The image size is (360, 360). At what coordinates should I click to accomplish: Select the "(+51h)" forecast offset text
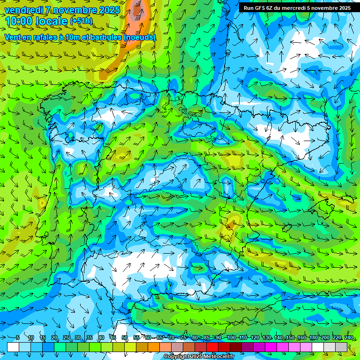click(x=82, y=21)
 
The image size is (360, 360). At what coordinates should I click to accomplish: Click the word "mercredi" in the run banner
click(x=292, y=7)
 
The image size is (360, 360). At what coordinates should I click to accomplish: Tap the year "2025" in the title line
click(x=108, y=10)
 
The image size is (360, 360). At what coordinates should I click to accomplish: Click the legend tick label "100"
click(x=232, y=337)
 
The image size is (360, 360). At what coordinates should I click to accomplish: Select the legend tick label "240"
click(x=349, y=337)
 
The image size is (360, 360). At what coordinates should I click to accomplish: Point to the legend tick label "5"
click(x=18, y=337)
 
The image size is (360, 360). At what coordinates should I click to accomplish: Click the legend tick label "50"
click(x=125, y=337)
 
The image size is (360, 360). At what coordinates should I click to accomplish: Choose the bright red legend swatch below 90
click(x=212, y=347)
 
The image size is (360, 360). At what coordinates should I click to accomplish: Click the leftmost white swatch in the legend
click(x=13, y=347)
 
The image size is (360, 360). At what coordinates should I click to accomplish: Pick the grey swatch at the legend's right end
click(x=341, y=347)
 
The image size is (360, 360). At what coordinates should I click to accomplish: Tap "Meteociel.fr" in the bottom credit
click(x=219, y=357)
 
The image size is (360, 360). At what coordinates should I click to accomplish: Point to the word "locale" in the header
click(x=53, y=21)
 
